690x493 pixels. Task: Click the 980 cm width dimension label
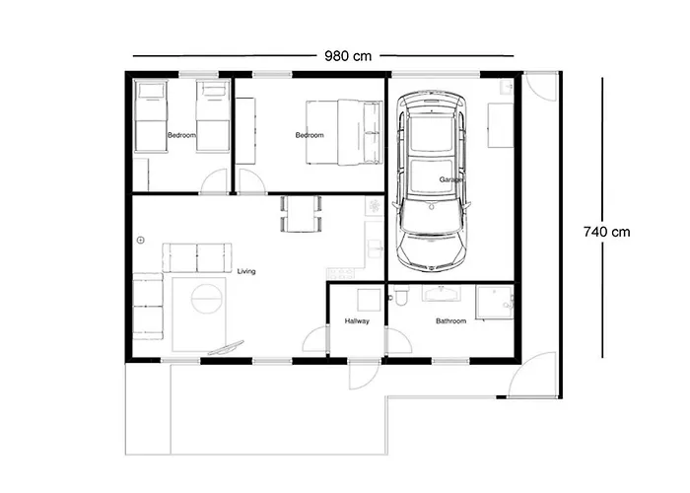click(348, 56)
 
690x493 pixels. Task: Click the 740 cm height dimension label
click(606, 232)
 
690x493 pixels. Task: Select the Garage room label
click(451, 179)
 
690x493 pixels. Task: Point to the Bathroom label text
click(450, 321)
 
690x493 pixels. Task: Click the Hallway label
click(357, 321)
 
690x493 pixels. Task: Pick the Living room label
click(246, 271)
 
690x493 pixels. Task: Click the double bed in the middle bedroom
click(340, 132)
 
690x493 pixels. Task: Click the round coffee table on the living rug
click(206, 298)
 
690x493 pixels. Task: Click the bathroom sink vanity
click(438, 293)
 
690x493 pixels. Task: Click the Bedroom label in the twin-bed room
click(181, 135)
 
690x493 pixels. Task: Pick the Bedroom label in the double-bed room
click(310, 135)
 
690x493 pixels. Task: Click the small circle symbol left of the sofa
click(141, 239)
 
